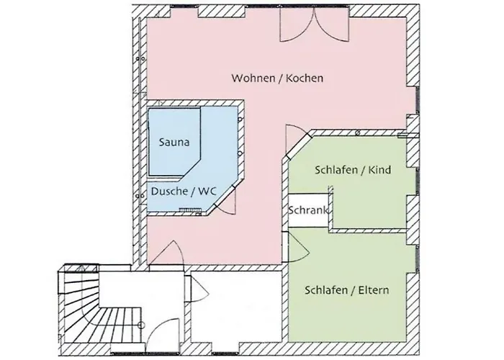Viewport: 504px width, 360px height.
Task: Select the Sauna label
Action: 175,143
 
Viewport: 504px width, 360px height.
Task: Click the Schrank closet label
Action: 309,211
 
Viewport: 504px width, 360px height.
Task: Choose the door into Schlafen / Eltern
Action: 297,246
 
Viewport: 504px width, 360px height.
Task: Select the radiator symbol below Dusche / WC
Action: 192,210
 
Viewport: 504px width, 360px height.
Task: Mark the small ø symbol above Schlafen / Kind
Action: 359,133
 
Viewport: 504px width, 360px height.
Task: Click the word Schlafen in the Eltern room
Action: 325,290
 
